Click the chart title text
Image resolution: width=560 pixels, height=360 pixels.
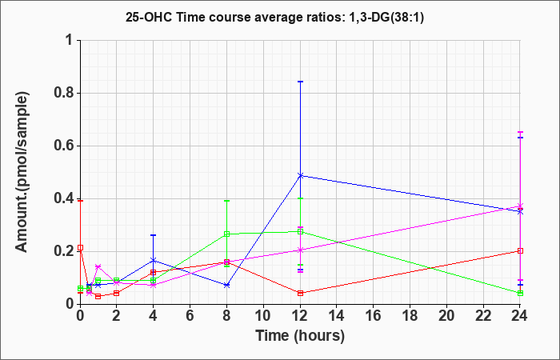point(279,17)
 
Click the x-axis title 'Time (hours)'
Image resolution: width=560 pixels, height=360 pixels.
point(300,335)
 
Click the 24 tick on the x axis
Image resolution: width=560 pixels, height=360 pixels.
point(520,317)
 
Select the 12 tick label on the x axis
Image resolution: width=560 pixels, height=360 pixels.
point(300,317)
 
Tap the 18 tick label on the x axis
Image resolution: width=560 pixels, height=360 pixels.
point(410,317)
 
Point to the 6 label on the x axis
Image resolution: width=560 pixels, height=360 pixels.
point(190,317)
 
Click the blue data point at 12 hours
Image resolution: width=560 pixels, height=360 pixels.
point(300,175)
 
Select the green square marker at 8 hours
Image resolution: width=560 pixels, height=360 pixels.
point(226,234)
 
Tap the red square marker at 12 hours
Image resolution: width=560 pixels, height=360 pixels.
point(300,293)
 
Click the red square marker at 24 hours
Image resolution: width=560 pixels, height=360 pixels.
point(520,250)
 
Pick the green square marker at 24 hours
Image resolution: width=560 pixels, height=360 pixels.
point(520,293)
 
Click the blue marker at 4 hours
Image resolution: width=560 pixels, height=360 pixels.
point(153,260)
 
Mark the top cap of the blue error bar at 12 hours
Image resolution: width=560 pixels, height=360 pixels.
point(300,82)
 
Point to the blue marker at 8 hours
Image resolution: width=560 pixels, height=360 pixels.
point(226,285)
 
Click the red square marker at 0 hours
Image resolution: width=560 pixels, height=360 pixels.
point(80,248)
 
